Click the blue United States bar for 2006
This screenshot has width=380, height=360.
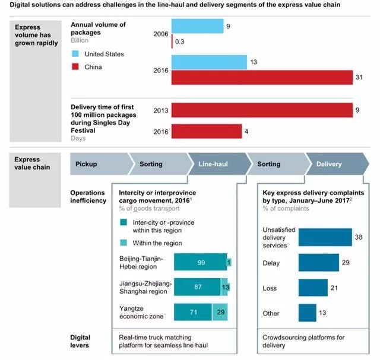click(x=197, y=26)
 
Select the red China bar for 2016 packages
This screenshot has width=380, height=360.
click(x=262, y=77)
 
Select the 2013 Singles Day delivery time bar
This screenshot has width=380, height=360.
click(x=262, y=110)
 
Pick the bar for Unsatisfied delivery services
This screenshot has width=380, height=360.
click(x=325, y=237)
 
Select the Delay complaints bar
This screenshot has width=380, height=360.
click(x=318, y=262)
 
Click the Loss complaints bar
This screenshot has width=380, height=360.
click(x=312, y=288)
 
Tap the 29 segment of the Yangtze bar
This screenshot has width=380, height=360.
click(x=220, y=313)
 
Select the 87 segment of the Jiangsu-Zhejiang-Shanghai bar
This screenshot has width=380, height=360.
click(x=197, y=287)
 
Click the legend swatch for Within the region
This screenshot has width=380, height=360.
click(x=123, y=243)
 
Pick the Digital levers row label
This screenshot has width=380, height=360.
click(x=80, y=341)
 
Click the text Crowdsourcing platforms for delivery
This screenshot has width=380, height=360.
click(x=303, y=341)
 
